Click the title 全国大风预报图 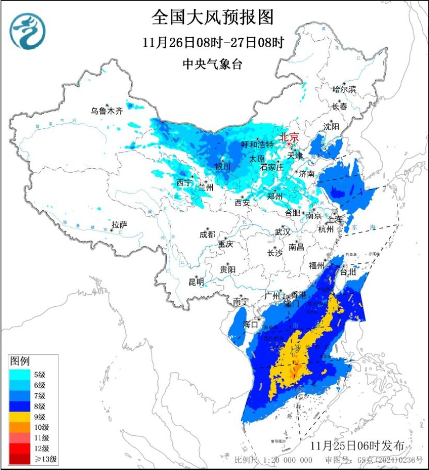[212, 18]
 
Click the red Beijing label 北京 [289, 137]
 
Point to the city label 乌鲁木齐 [107, 111]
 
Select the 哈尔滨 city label [344, 89]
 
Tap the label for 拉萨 [119, 225]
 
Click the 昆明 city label [196, 282]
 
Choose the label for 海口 [250, 324]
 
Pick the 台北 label [346, 271]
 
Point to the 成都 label [206, 234]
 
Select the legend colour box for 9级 [20, 416]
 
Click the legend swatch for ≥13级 [20, 458]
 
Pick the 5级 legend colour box [20, 374]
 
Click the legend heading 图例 [21, 361]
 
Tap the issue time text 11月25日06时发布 [361, 446]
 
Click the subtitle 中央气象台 [212, 64]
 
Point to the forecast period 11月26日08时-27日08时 [212, 43]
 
